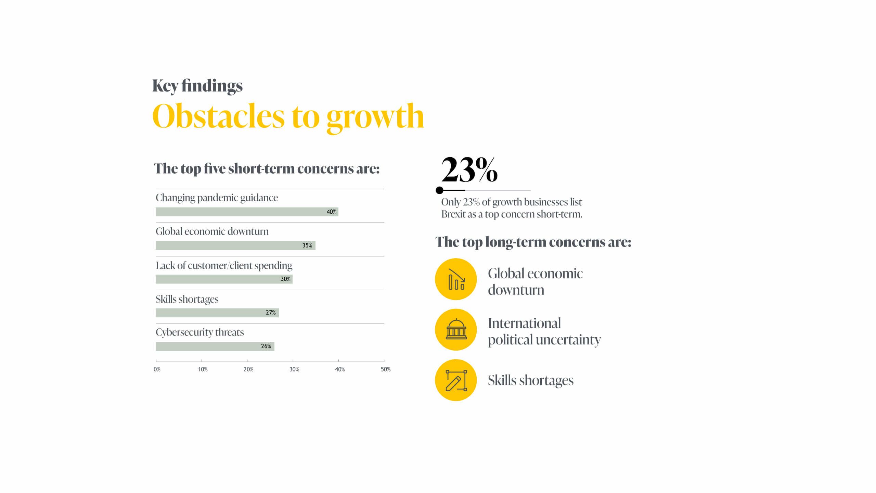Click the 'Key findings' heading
[x=197, y=86]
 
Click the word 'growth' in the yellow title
[x=375, y=117]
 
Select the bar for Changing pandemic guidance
[x=246, y=212]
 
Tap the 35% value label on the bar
[x=307, y=245]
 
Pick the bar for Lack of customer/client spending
[x=224, y=279]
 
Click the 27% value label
[x=271, y=313]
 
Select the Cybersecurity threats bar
[x=215, y=346]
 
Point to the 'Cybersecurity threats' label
[x=200, y=332]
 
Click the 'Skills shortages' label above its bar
[x=187, y=299]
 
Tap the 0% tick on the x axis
[x=157, y=369]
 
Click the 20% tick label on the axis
[x=248, y=369]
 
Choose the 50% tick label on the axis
[x=386, y=369]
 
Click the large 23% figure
[x=469, y=170]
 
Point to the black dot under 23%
[x=440, y=190]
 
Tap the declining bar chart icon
[x=456, y=279]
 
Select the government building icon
[x=456, y=329]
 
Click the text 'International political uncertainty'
[x=544, y=331]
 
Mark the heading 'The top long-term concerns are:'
[x=533, y=242]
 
